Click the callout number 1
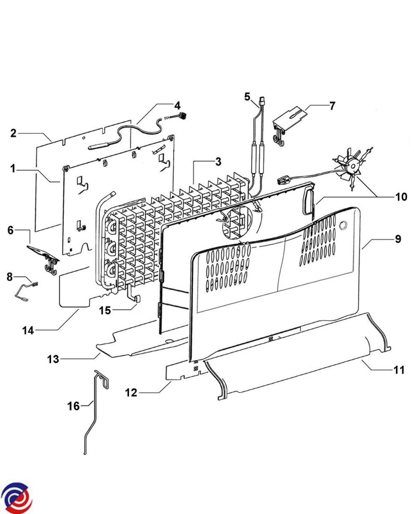tap(13, 169)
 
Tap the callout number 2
tap(13, 133)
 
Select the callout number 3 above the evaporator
tap(218, 162)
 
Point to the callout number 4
tap(177, 105)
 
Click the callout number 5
tap(247, 97)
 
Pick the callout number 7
tap(332, 106)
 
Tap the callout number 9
tap(398, 239)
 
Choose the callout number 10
tap(401, 197)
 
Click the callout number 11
tap(399, 370)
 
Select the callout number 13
tap(53, 359)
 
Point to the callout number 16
tap(73, 406)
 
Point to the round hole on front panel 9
tap(343, 225)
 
